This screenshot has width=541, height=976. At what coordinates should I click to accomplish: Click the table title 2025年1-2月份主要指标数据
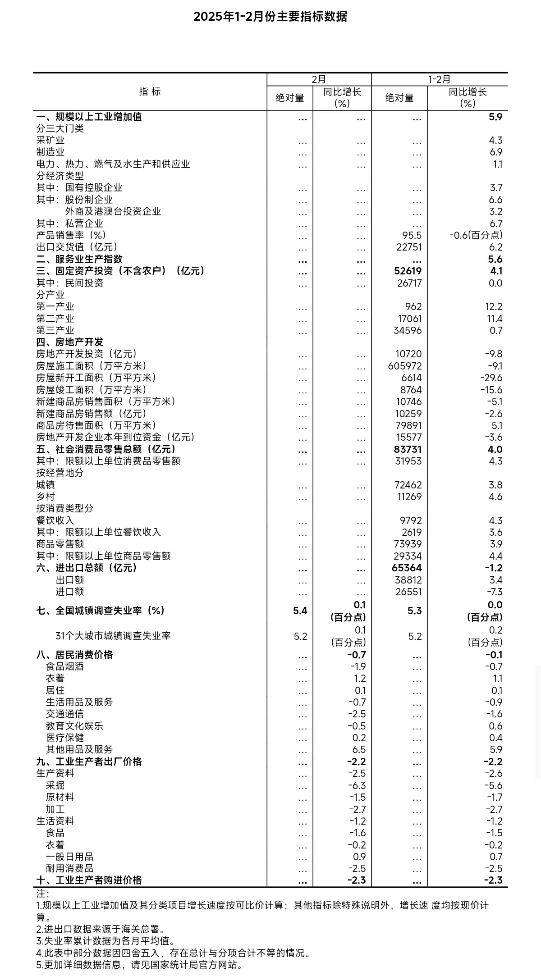tap(270, 17)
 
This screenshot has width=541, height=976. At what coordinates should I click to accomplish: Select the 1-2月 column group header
tap(439, 79)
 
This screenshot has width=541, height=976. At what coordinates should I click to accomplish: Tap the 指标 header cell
tap(150, 92)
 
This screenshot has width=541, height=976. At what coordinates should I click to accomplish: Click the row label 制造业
tap(50, 152)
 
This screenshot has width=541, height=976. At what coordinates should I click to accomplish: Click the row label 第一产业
tap(55, 307)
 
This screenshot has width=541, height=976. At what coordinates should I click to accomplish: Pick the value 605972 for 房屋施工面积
tap(404, 366)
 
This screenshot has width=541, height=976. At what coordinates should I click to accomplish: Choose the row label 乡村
tap(46, 497)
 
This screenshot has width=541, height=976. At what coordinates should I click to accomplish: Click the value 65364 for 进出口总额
tap(407, 568)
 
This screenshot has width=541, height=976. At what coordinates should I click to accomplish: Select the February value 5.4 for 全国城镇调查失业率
tap(300, 611)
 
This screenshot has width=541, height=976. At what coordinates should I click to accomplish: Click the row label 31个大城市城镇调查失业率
tap(113, 636)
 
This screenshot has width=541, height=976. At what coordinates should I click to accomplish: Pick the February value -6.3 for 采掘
tap(357, 785)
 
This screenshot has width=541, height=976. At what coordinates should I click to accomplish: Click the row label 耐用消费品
tap(69, 868)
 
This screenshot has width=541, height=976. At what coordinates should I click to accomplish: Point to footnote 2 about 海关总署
tap(100, 929)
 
